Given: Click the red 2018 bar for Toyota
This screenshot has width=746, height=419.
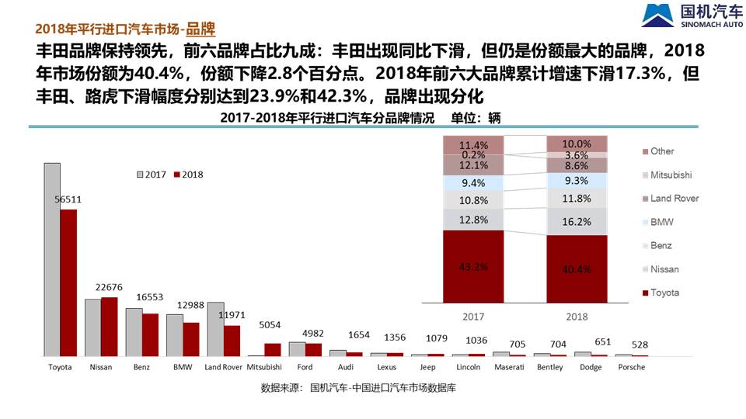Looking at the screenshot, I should pyautogui.click(x=69, y=282).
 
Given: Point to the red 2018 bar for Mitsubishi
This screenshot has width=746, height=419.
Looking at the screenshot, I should pyautogui.click(x=272, y=349).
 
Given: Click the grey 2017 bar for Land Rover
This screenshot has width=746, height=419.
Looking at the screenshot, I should pyautogui.click(x=215, y=329).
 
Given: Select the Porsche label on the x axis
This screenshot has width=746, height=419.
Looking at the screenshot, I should pyautogui.click(x=631, y=367).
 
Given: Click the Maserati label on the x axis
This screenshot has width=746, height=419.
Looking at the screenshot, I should pyautogui.click(x=509, y=367).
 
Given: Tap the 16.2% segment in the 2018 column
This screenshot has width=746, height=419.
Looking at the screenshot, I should pyautogui.click(x=577, y=221).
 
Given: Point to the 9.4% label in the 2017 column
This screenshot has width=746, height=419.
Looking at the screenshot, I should pyautogui.click(x=474, y=183).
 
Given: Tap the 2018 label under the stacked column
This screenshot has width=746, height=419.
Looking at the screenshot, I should pyautogui.click(x=577, y=317).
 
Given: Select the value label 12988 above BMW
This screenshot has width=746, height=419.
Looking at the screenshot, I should pyautogui.click(x=190, y=305).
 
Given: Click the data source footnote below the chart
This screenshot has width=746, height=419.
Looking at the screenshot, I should pyautogui.click(x=358, y=388).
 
